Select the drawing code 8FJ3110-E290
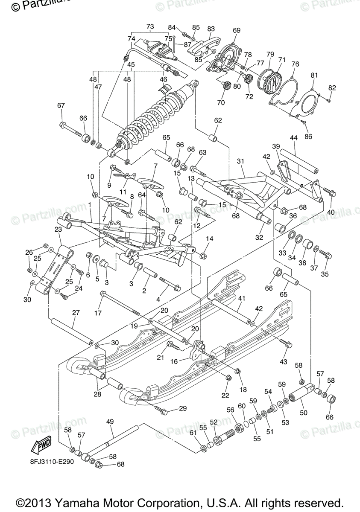(54, 462)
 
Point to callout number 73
(150, 26)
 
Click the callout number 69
(237, 30)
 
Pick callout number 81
(314, 76)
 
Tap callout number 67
(61, 105)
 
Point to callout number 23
(58, 229)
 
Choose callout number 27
(76, 312)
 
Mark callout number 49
(110, 422)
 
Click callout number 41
(242, 298)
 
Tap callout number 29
(183, 409)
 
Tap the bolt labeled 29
(162, 411)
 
